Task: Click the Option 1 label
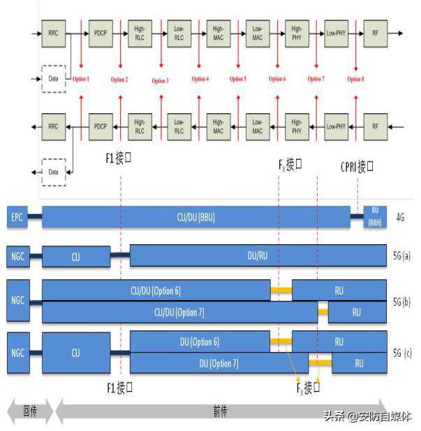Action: click(80, 79)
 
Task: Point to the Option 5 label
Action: click(237, 79)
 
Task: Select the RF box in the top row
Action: click(375, 33)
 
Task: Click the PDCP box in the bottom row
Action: click(99, 127)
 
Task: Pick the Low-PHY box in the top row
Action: click(336, 33)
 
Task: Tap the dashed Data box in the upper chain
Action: click(54, 78)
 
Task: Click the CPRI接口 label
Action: click(357, 167)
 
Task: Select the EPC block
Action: click(17, 218)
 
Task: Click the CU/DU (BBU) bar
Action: click(195, 218)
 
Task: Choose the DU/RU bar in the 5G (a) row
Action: click(258, 255)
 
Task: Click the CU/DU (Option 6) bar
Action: click(156, 290)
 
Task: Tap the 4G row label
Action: click(400, 218)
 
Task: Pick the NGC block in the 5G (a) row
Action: click(17, 255)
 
